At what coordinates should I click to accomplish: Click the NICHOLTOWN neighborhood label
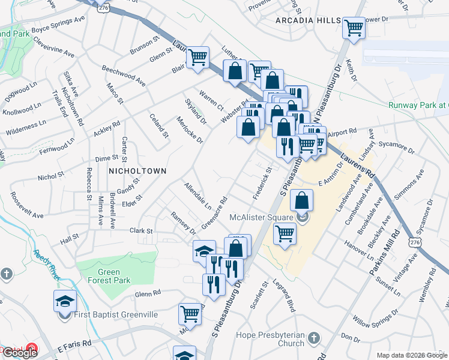point(136,171)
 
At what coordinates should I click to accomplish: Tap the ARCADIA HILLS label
point(308,21)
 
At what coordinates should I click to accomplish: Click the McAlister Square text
point(261,217)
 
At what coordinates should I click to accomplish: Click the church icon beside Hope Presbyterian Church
point(313,339)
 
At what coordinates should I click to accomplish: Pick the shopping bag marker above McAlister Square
point(303,200)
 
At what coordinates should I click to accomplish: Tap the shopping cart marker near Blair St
point(197,58)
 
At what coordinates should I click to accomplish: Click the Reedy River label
point(46,264)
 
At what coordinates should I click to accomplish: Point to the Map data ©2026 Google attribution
point(412,355)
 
